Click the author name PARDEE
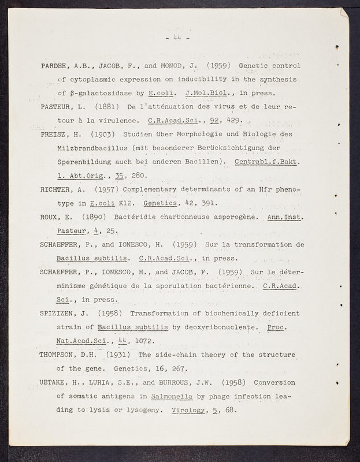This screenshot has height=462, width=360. point(55,65)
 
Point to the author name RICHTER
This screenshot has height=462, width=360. point(58,190)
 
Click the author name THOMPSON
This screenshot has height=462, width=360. point(60,355)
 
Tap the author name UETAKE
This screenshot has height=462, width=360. point(55,383)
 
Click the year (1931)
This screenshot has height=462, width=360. point(120,355)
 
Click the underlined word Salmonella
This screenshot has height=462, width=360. point(172,397)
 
